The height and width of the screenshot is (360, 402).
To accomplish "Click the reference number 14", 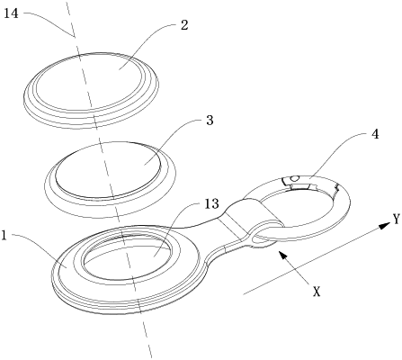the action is point(11,13).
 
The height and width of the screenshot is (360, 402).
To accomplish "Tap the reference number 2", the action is point(184,25).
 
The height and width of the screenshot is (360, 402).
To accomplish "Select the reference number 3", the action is point(210,120).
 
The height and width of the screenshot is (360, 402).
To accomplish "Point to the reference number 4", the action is point(375,134).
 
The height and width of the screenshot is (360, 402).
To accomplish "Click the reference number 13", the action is point(211,204).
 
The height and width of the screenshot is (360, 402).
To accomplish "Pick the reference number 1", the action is point(4,236).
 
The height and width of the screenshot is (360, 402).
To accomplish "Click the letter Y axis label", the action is point(397,219).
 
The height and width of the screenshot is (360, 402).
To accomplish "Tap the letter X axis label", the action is point(317,292).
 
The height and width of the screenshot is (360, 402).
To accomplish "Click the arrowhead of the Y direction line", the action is point(383,226).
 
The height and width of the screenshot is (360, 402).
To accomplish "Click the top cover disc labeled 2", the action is point(91,91).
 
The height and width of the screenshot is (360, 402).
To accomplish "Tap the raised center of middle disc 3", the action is point(108,170).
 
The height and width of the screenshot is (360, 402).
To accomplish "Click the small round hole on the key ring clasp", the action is point(295,178).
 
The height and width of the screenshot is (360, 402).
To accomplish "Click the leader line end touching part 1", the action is point(67,266).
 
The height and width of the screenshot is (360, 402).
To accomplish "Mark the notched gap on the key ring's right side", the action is point(336,188).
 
